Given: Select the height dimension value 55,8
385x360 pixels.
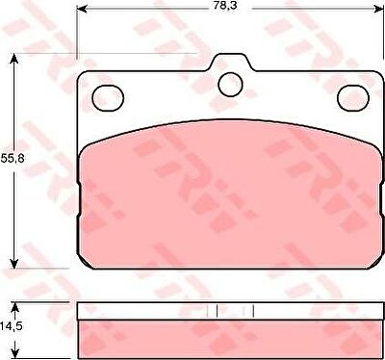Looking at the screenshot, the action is tap(13, 158).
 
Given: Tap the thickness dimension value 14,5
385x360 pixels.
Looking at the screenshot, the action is tap(11, 326).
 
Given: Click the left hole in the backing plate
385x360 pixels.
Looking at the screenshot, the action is tap(108, 98).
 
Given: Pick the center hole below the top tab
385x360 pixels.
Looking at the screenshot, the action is tap(230, 85).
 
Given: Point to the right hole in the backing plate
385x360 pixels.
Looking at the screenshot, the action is tap(353, 98).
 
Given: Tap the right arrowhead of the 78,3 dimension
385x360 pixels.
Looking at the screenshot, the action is tap(378, 9).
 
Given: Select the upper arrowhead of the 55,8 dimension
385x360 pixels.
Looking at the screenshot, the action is tap(13, 60).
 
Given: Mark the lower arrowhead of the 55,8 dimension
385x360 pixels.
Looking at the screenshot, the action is tap(13, 263).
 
